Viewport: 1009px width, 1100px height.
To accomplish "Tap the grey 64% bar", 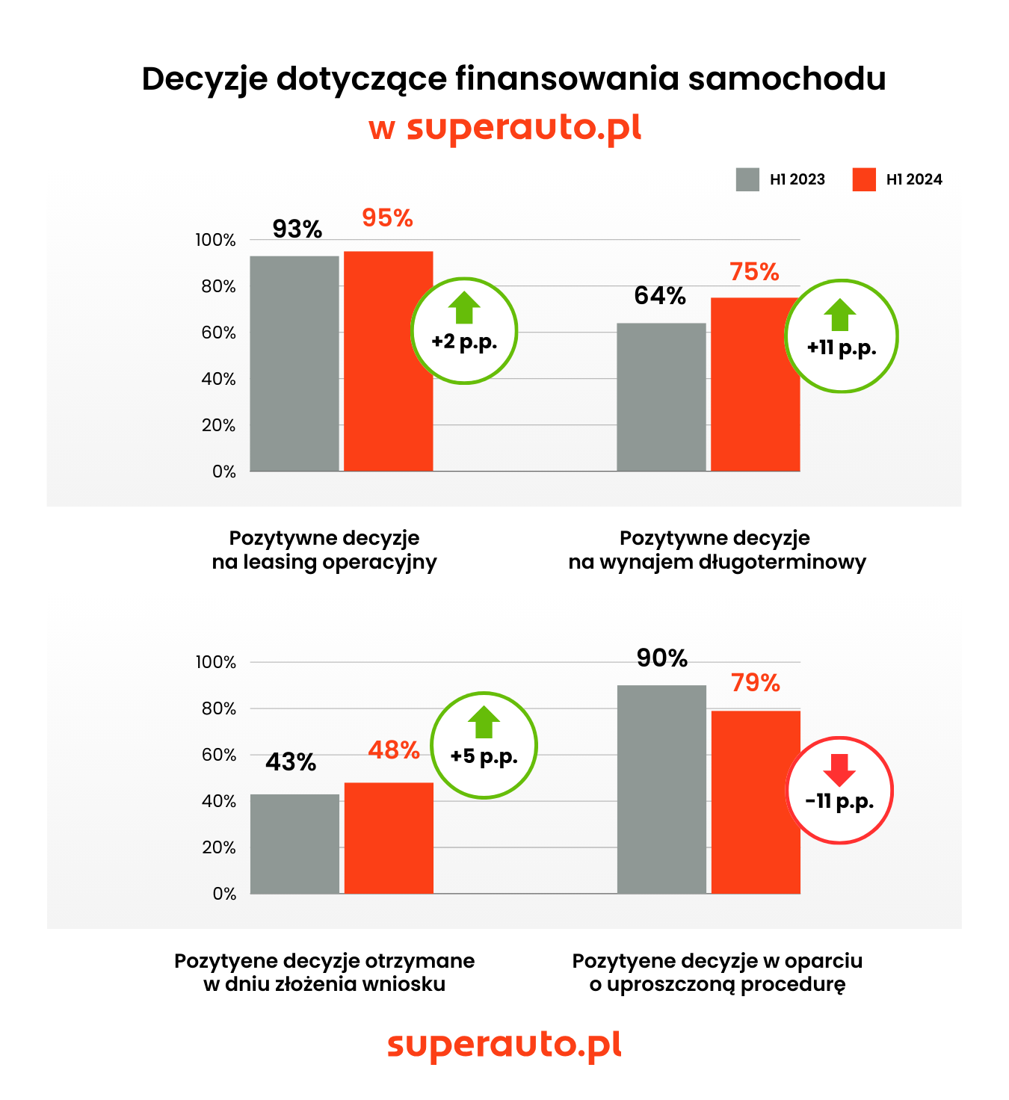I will pyautogui.click(x=661, y=397).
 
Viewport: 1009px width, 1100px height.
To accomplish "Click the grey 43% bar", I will pyautogui.click(x=294, y=844).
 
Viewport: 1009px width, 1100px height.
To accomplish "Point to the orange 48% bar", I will pyautogui.click(x=389, y=838).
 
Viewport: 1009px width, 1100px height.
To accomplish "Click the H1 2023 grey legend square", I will pyautogui.click(x=747, y=179).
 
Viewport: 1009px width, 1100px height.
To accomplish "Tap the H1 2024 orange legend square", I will pyautogui.click(x=864, y=179).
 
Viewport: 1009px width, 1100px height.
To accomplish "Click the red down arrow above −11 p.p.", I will pyautogui.click(x=839, y=770).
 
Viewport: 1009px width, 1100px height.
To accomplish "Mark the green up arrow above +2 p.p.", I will pyautogui.click(x=464, y=307).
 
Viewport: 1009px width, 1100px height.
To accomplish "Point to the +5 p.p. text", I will pyautogui.click(x=484, y=756).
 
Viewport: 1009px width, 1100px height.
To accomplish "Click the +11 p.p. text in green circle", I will pyautogui.click(x=842, y=347).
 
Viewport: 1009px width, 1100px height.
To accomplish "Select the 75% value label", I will pyautogui.click(x=754, y=272).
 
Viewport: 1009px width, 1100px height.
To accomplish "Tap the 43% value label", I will pyautogui.click(x=291, y=762).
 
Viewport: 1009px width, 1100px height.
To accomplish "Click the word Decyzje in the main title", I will pyautogui.click(x=204, y=79).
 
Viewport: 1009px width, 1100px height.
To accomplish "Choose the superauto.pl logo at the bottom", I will pyautogui.click(x=504, y=1044).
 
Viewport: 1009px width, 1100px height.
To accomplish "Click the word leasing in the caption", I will pyautogui.click(x=280, y=562).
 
